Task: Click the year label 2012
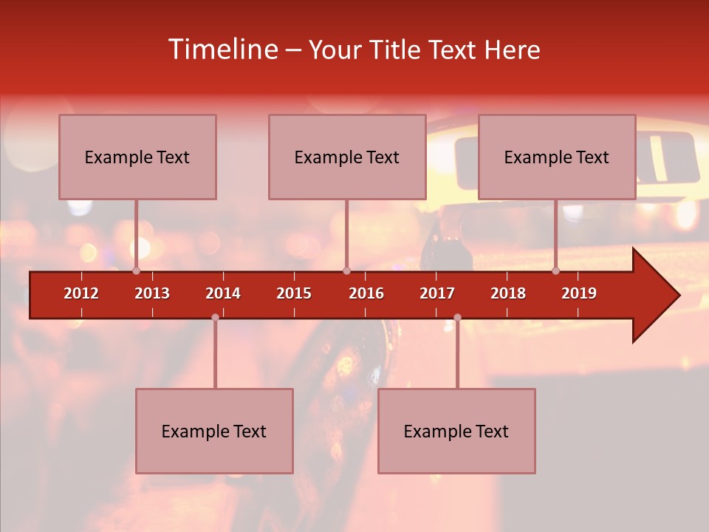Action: pos(81,293)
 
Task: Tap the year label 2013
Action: pos(152,293)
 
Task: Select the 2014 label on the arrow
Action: pos(223,293)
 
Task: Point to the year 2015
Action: pos(294,293)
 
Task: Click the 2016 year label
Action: pos(366,293)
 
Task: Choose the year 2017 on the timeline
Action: pos(437,293)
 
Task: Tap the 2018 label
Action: pos(508,293)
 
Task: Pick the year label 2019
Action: pos(579,293)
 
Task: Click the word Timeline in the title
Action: pos(222,50)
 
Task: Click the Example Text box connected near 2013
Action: pos(137,157)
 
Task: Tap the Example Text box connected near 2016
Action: pos(347,157)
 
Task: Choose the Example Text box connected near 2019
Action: pos(557,157)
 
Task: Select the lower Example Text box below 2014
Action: pos(214,431)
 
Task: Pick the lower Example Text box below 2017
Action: pos(456,431)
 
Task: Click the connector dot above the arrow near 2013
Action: pos(136,270)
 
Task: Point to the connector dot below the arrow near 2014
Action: pos(215,317)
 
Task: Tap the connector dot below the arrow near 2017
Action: pos(457,317)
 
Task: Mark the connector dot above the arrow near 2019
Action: pos(555,270)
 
